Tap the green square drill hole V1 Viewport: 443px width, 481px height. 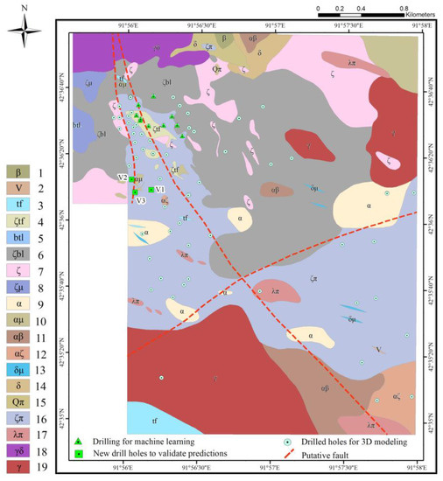(x=151, y=190)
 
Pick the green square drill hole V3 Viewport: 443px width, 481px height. (x=136, y=192)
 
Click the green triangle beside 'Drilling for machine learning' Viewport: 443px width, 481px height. (x=79, y=442)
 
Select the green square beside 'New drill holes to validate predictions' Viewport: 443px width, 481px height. (x=79, y=454)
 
